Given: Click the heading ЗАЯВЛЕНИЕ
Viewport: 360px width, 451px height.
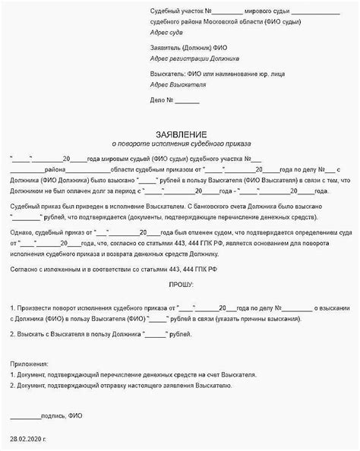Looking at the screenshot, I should [180, 130].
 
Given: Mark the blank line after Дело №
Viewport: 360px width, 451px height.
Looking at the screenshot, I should [188, 101].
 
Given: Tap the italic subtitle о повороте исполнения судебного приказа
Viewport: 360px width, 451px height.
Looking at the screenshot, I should [180, 142].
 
